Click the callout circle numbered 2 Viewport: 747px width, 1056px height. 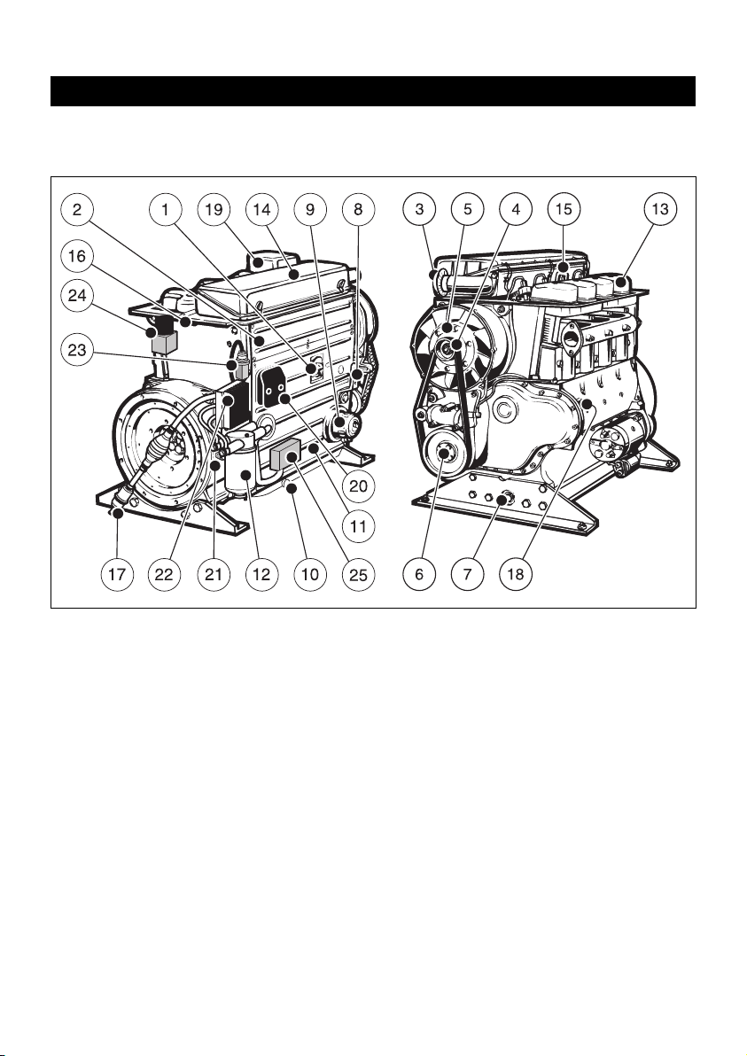tap(77, 209)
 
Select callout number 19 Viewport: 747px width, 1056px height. tap(214, 209)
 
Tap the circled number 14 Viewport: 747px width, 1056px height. tap(261, 209)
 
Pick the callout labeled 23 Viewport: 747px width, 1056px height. tap(77, 350)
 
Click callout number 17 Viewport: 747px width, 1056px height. tap(117, 574)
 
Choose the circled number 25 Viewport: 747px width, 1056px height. tap(358, 574)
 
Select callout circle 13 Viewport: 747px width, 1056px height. tap(660, 209)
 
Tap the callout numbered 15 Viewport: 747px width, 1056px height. tap(564, 209)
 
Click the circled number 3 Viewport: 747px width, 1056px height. tap(420, 209)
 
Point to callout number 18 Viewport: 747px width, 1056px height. tap(516, 574)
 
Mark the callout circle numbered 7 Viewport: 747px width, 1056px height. tap(468, 574)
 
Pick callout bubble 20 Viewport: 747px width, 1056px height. tap(358, 485)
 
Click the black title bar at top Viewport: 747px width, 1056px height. tap(373, 91)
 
